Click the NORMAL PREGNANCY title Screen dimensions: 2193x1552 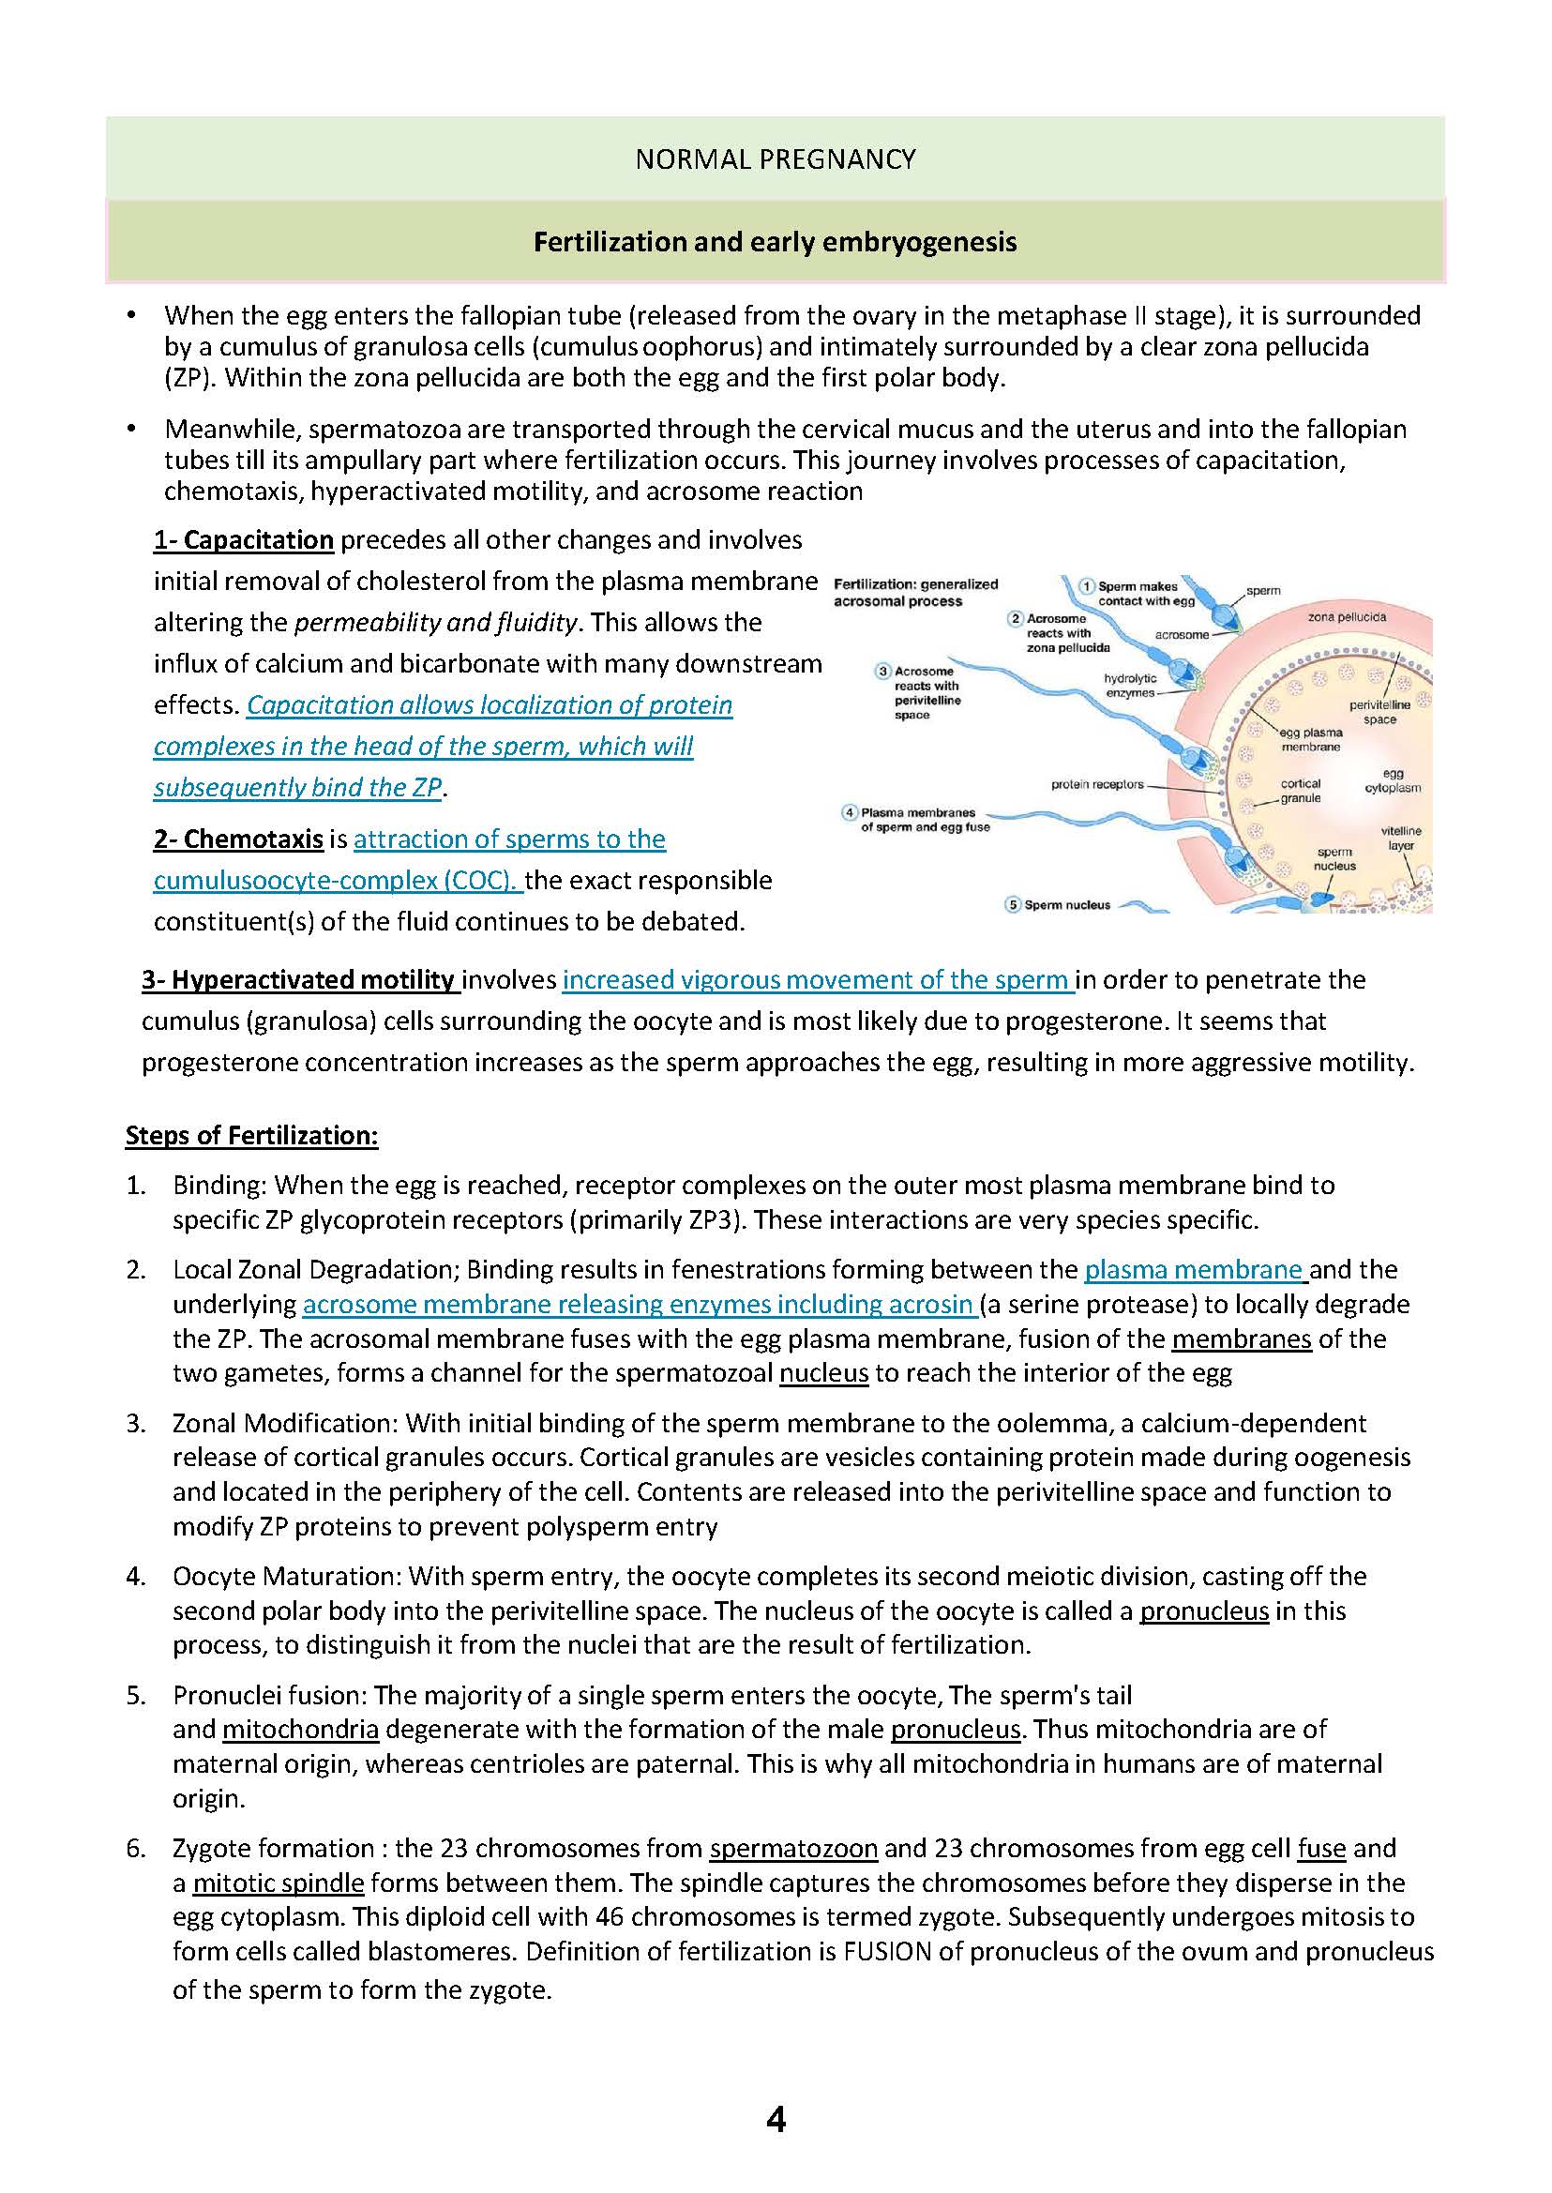(x=775, y=159)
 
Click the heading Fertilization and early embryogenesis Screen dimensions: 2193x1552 (x=775, y=242)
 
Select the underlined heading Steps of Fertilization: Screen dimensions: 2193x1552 (x=252, y=1135)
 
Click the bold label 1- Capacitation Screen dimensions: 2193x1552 (x=244, y=540)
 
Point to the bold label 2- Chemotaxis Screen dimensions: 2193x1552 (x=238, y=839)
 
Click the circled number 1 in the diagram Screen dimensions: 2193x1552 (x=1087, y=586)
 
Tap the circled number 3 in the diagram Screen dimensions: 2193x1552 (x=884, y=671)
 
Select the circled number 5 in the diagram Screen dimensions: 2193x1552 (x=1013, y=904)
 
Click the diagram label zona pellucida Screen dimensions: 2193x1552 (x=1348, y=617)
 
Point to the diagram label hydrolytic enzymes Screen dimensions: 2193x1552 (x=1131, y=686)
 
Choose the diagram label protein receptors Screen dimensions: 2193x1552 (x=1097, y=785)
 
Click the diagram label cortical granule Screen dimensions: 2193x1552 (x=1301, y=791)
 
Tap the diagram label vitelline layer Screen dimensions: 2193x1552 (x=1401, y=839)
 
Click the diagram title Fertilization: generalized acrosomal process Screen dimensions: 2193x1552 (x=914, y=593)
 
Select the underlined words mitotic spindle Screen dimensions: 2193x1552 (x=279, y=1883)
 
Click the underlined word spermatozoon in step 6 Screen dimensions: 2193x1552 (x=793, y=1849)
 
